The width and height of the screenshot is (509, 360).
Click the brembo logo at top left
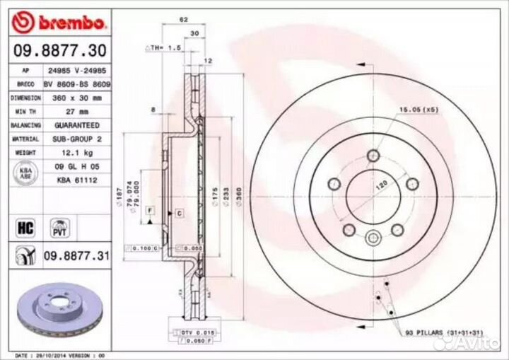click(60, 23)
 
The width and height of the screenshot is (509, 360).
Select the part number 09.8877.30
click(60, 50)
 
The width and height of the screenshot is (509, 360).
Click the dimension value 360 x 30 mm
click(74, 98)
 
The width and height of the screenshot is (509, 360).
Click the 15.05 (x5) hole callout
click(419, 110)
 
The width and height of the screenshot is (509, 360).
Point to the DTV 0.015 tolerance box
click(189, 332)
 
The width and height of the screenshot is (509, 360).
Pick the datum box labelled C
click(179, 213)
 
